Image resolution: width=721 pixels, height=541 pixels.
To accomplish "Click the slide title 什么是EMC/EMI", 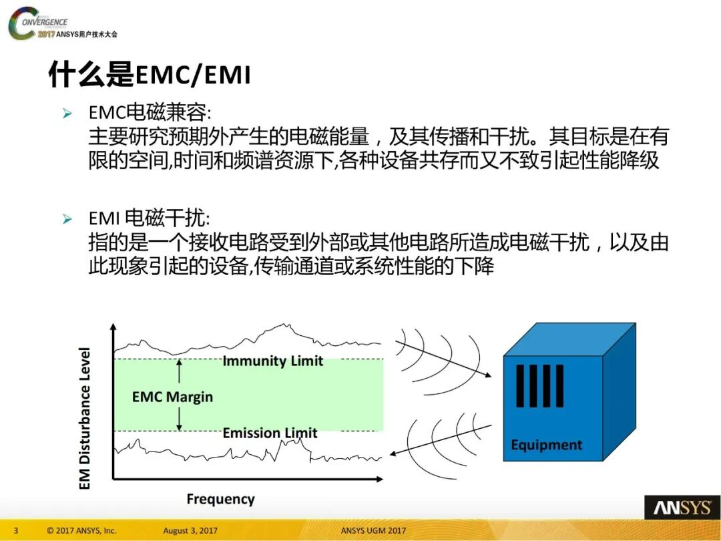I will tap(150, 75).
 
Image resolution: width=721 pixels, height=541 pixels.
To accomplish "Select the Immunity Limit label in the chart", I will tap(272, 361).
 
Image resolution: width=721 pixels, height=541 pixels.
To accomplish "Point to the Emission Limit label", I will tap(270, 433).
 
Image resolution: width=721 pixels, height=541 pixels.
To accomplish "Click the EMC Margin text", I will tap(172, 397).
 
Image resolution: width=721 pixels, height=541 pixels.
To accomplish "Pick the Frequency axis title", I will tap(220, 499).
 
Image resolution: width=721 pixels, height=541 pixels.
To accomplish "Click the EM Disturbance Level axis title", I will tap(85, 417).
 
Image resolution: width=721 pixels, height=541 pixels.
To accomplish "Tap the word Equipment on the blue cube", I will tap(546, 445).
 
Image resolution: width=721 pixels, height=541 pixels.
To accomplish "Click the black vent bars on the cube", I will tap(539, 386).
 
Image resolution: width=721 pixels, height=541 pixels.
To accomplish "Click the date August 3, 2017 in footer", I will tap(190, 531).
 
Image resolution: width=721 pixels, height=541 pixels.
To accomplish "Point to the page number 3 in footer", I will tap(16, 531).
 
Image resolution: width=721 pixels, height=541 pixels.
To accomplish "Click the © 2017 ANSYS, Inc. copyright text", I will tap(81, 531).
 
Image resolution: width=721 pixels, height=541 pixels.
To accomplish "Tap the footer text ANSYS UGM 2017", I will tap(373, 531).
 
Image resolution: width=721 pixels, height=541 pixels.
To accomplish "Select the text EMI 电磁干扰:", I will tap(149, 218).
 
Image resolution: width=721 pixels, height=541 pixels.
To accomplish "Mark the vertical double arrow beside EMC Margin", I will tap(179, 395).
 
